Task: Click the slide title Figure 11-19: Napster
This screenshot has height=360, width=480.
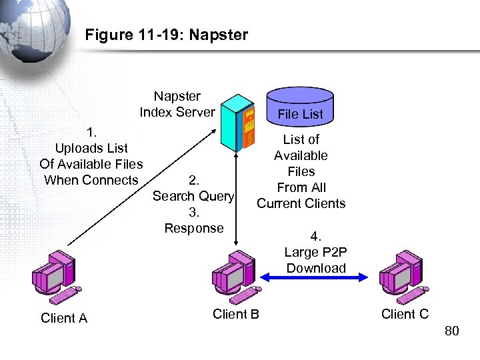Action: (166, 35)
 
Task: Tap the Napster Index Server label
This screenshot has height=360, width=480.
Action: (177, 104)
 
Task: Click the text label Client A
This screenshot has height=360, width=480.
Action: (64, 318)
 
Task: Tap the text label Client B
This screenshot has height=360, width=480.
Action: (235, 314)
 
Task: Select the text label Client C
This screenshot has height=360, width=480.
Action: (405, 314)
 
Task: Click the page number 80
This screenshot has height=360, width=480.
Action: (451, 331)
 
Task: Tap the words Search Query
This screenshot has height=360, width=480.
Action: (193, 196)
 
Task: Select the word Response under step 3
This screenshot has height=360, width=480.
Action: (194, 228)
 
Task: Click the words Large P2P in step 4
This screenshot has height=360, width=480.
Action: (315, 252)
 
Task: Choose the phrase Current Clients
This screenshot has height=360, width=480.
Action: (301, 203)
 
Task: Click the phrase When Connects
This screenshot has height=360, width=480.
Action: (91, 180)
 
